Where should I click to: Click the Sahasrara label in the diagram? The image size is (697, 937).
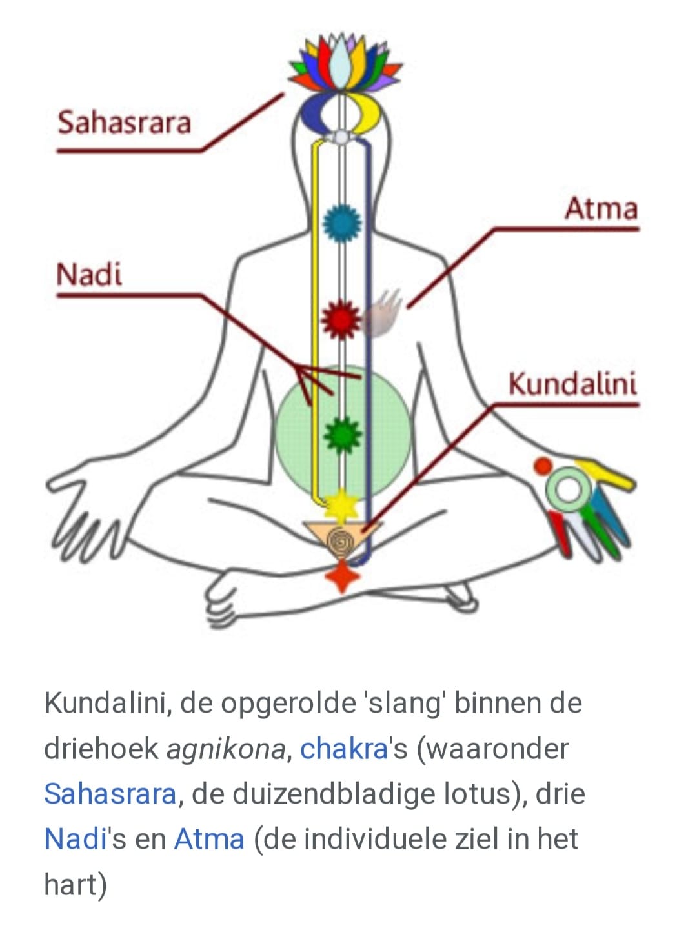click(x=124, y=123)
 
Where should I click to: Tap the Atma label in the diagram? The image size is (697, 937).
click(x=601, y=209)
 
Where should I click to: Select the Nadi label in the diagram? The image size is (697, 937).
click(x=89, y=275)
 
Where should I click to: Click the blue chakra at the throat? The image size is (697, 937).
click(x=342, y=223)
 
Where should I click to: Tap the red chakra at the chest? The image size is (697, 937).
click(x=341, y=320)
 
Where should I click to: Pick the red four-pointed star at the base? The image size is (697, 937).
click(x=342, y=577)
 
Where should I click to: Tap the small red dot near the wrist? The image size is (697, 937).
click(x=543, y=466)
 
